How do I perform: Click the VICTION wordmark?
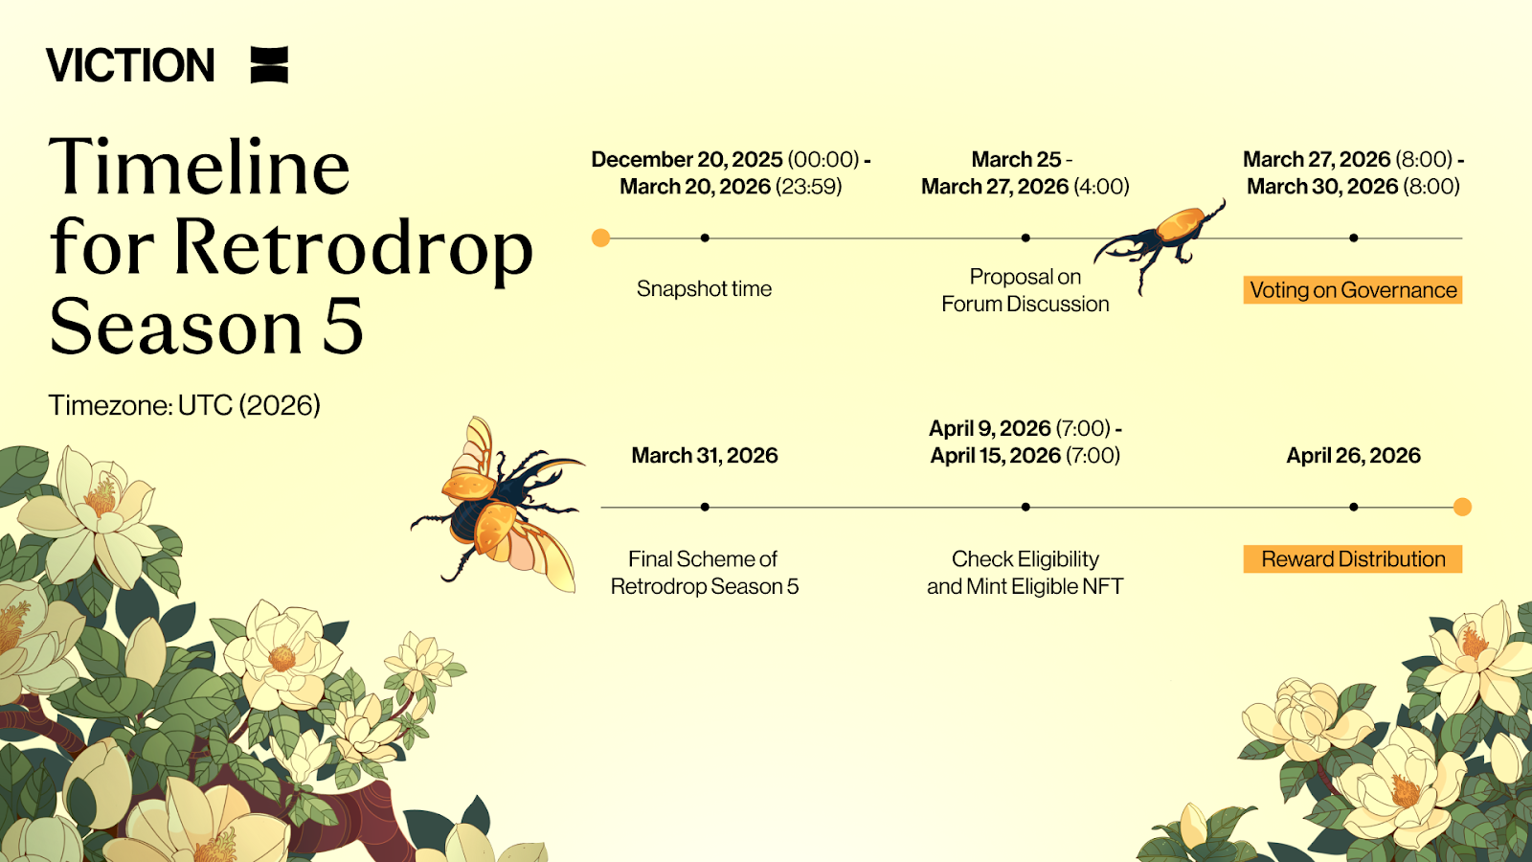[130, 65]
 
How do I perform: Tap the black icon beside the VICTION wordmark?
[269, 65]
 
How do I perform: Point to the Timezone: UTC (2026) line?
[184, 405]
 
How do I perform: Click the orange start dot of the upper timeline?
[600, 238]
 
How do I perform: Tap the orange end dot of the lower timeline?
[1462, 507]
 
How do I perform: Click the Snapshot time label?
[704, 288]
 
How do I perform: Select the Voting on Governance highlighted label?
[1353, 290]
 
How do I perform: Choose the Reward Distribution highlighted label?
[1353, 559]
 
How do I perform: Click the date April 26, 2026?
[1354, 456]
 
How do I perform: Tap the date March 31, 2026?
[705, 456]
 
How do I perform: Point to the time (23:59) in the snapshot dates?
[808, 187]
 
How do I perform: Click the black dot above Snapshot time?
[705, 238]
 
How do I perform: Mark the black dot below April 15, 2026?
[1025, 507]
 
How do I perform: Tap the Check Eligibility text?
[1025, 559]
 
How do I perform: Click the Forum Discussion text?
[1025, 304]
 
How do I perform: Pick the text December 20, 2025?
[687, 159]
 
